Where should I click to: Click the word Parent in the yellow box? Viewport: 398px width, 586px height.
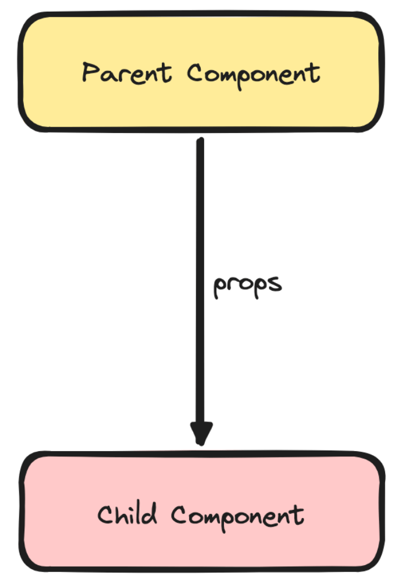pyautogui.click(x=126, y=74)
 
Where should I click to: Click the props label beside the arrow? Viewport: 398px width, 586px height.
pyautogui.click(x=247, y=285)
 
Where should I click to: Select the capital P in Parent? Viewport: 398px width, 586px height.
pyautogui.click(x=89, y=73)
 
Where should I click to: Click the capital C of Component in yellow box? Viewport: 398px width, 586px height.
pyautogui.click(x=196, y=73)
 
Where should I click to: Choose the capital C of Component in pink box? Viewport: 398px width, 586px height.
pyautogui.click(x=180, y=516)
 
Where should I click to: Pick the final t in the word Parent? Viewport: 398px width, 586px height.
pyautogui.click(x=166, y=73)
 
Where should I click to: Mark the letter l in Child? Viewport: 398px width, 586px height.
pyautogui.click(x=141, y=513)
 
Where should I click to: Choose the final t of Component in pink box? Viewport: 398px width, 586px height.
pyautogui.click(x=299, y=516)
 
